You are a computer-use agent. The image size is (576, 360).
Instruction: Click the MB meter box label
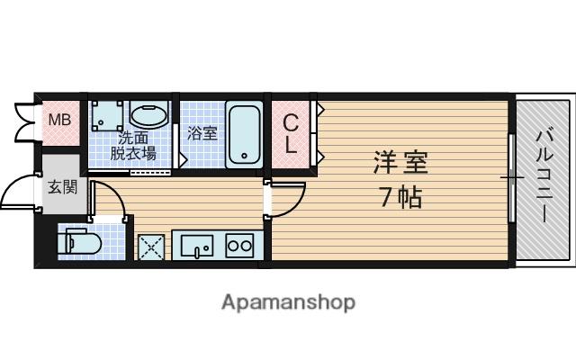pyautogui.click(x=58, y=120)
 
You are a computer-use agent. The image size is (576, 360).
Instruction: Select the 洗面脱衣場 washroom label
pyautogui.click(x=133, y=146)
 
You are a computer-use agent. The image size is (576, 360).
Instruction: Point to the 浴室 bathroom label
pyautogui.click(x=202, y=133)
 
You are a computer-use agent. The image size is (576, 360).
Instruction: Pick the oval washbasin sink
pyautogui.click(x=149, y=116)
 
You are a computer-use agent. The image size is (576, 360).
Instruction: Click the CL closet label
pyautogui.click(x=292, y=133)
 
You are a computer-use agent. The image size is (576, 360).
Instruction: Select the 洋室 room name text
pyautogui.click(x=400, y=164)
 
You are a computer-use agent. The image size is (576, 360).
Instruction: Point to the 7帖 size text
pyautogui.click(x=400, y=198)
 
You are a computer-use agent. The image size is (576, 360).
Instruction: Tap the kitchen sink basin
pyautogui.click(x=196, y=244)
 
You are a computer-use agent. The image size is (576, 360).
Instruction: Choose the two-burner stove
pyautogui.click(x=239, y=245)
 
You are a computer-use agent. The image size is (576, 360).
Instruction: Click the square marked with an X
pyautogui.click(x=149, y=246)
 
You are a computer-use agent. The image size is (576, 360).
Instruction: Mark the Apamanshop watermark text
pyautogui.click(x=288, y=302)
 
